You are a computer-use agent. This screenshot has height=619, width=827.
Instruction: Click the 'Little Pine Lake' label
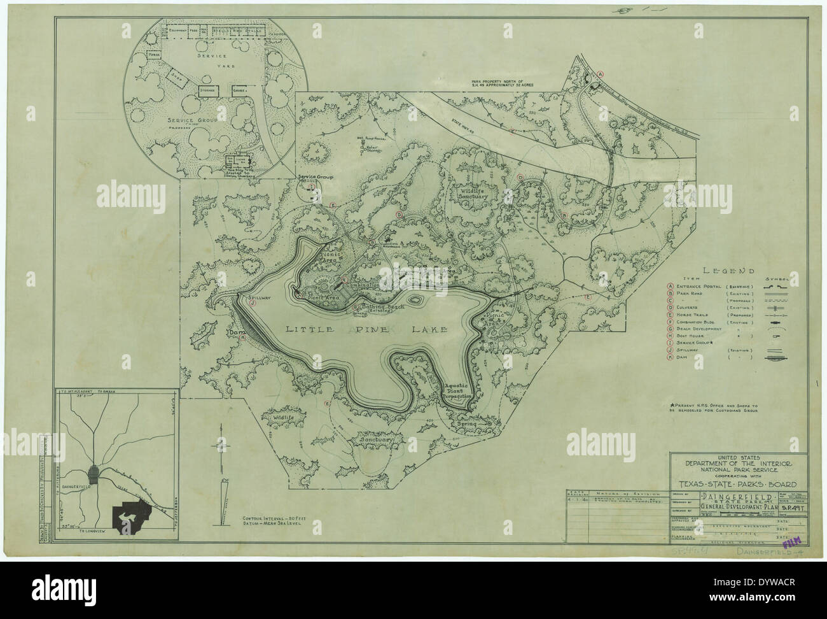[x=366, y=329]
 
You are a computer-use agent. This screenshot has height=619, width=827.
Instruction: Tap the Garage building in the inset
[x=240, y=90]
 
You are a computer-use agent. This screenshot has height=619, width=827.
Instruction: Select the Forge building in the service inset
[x=153, y=55]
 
